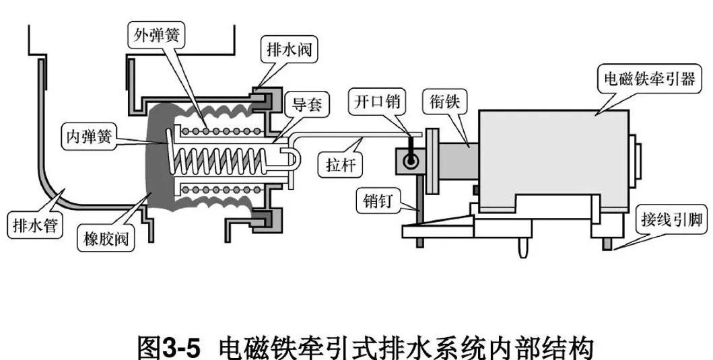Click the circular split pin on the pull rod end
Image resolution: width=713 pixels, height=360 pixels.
pos(409,161)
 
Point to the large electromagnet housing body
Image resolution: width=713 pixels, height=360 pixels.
pos(552,151)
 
